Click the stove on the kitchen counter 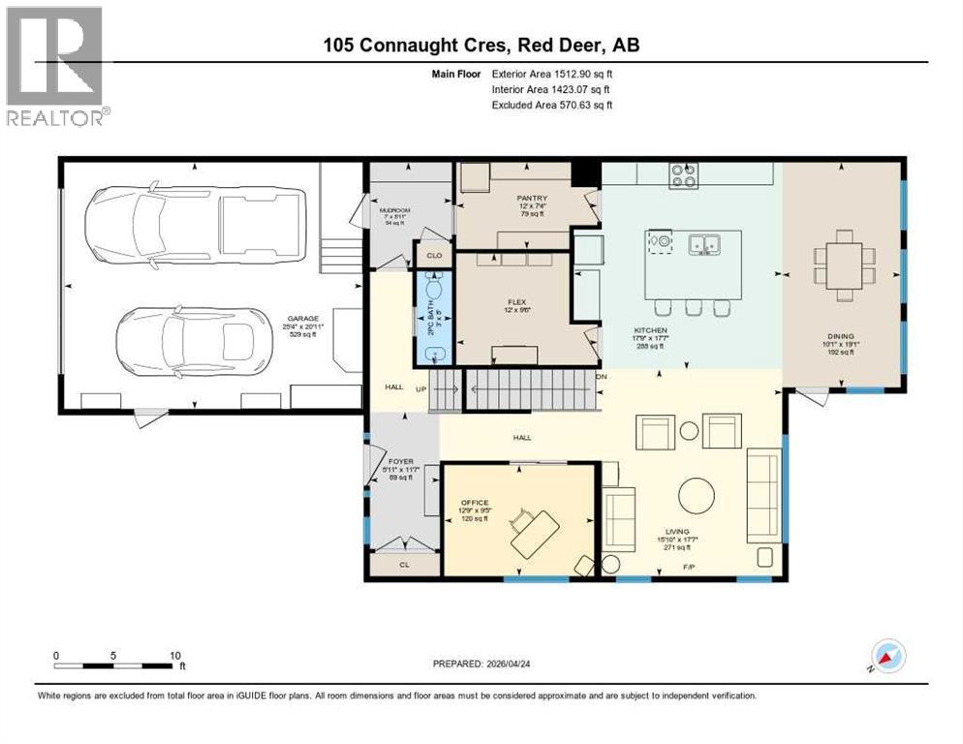pyautogui.click(x=683, y=175)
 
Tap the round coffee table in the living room pyautogui.click(x=698, y=496)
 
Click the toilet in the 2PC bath pyautogui.click(x=433, y=289)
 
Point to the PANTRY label pyautogui.click(x=532, y=198)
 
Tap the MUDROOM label pyautogui.click(x=394, y=208)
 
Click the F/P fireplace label pyautogui.click(x=690, y=566)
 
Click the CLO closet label pyautogui.click(x=434, y=256)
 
